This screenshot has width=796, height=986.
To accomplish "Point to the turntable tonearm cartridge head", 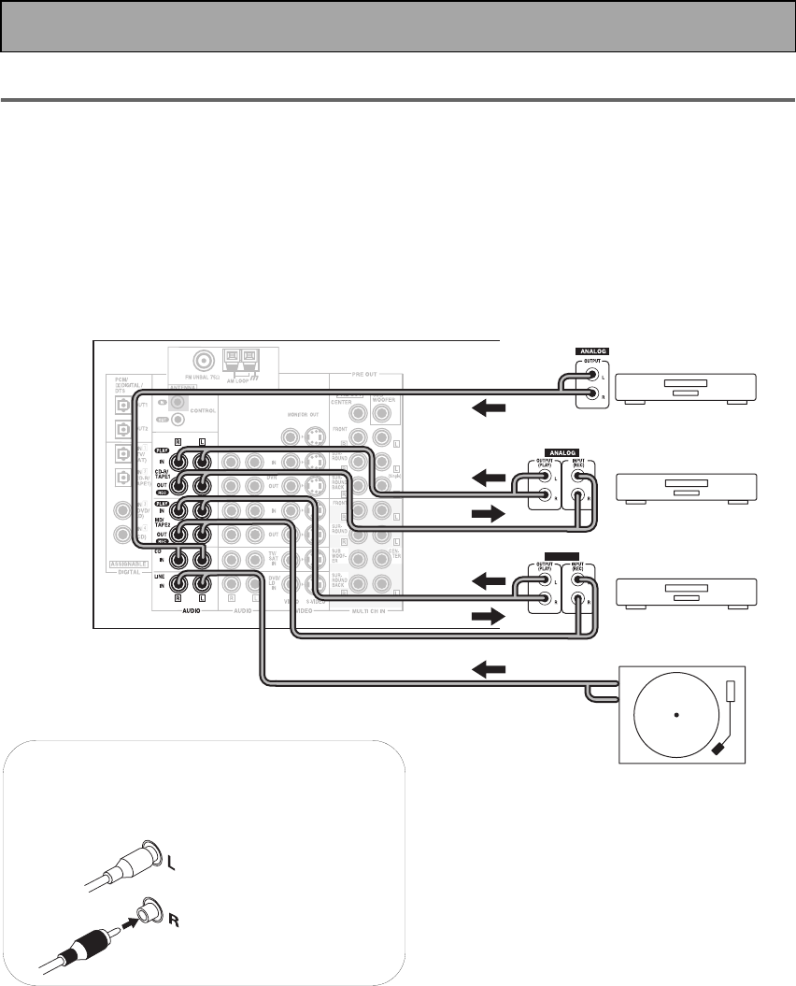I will click(718, 749).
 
